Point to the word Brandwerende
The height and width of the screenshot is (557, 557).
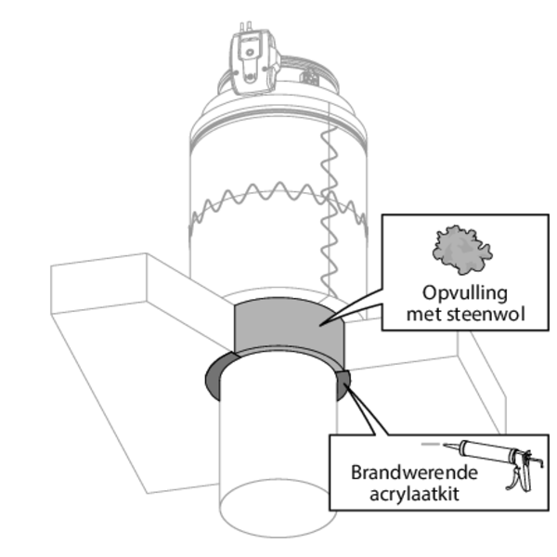pyautogui.click(x=415, y=472)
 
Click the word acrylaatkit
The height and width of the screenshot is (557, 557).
pyautogui.click(x=415, y=492)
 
